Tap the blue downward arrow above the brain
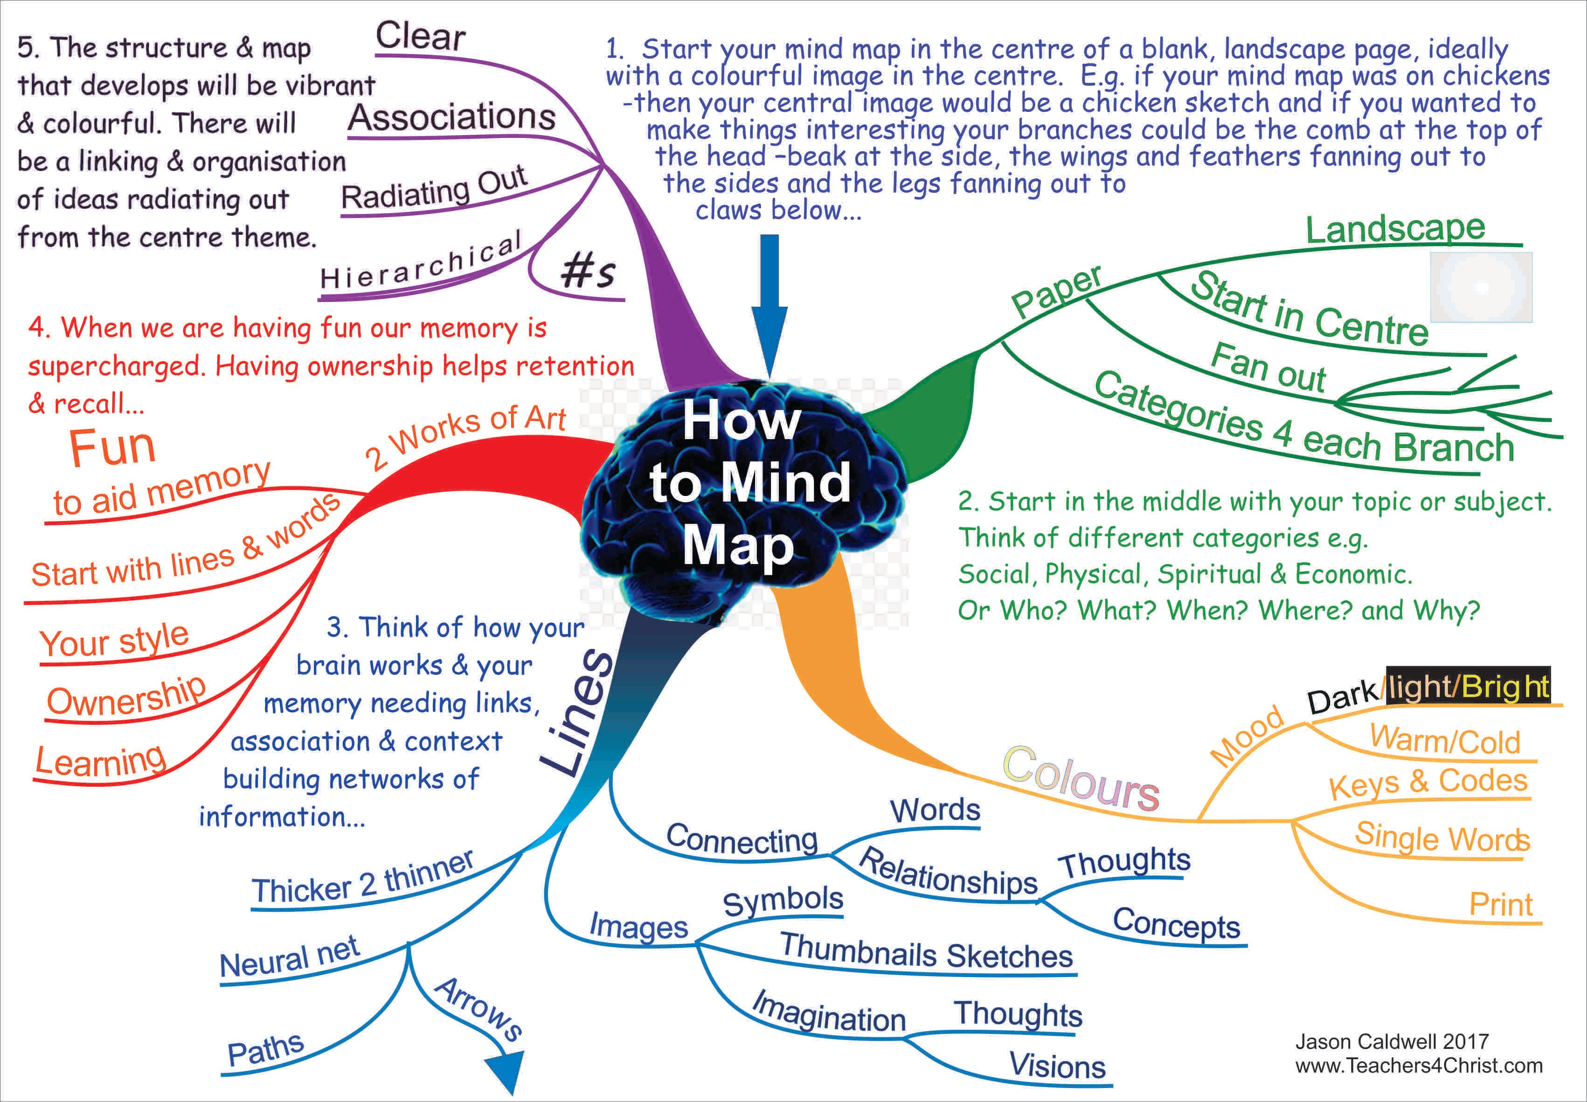769,304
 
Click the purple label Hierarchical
421,262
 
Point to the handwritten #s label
587,271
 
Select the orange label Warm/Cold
1445,741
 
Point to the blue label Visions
1057,1065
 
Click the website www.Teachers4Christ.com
1419,1065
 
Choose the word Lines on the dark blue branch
577,711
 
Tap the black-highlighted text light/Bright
1468,686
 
